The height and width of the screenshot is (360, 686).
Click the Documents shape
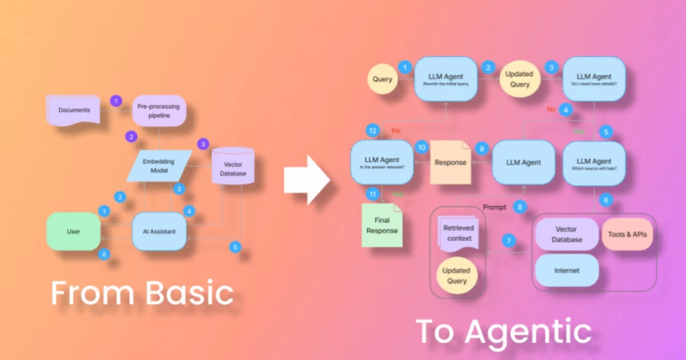click(x=75, y=110)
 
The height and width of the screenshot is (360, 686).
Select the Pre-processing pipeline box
click(x=158, y=110)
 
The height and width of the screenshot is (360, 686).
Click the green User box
click(x=74, y=232)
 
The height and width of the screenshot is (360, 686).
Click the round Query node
click(x=381, y=80)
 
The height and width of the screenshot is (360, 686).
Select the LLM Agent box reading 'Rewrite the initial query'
click(x=448, y=81)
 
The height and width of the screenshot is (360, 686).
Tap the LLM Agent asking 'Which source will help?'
click(x=594, y=162)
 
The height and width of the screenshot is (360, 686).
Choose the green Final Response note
click(x=381, y=224)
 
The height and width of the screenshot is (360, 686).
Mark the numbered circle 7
click(x=509, y=241)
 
